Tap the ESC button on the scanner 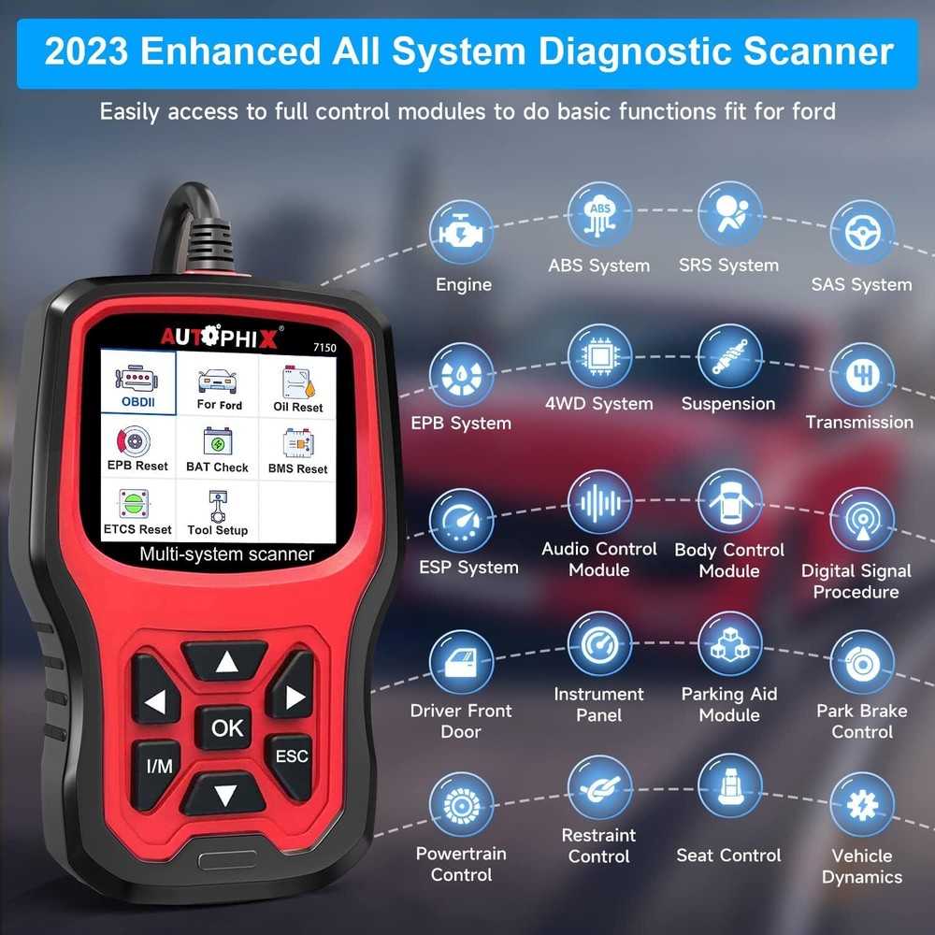[291, 755]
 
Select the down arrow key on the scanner [225, 797]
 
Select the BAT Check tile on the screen [217, 449]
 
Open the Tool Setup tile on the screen [217, 513]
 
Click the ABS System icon [598, 214]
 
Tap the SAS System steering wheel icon [861, 233]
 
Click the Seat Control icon [729, 786]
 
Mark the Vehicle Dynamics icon [861, 806]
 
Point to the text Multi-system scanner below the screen [226, 554]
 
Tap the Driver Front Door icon [461, 662]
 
